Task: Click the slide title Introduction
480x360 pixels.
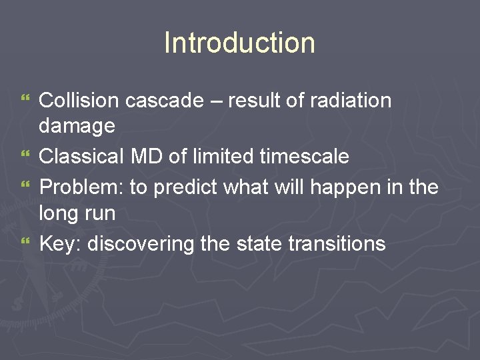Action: pyautogui.click(x=239, y=43)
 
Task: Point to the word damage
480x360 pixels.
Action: pyautogui.click(x=77, y=125)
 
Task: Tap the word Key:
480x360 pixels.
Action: pyautogui.click(x=61, y=243)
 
